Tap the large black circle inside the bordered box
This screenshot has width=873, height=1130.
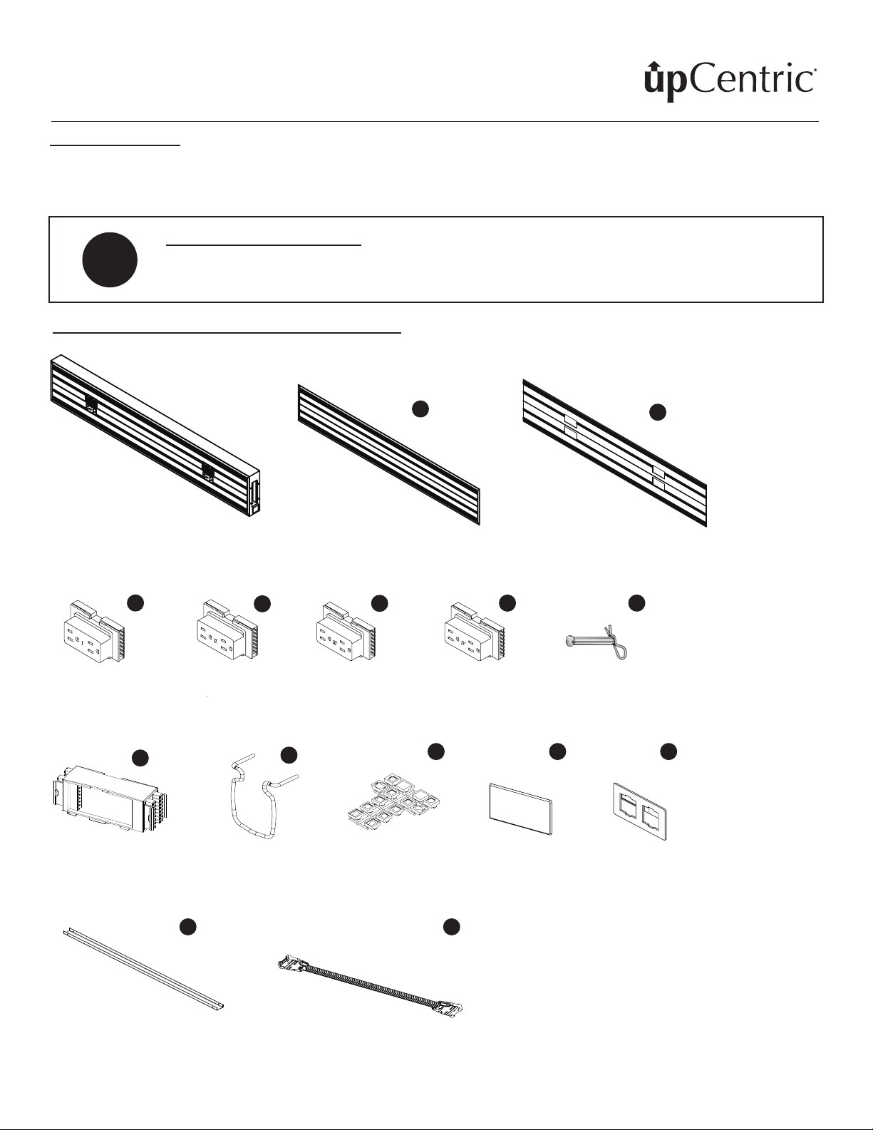[110, 260]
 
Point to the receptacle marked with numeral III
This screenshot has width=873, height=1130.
[344, 631]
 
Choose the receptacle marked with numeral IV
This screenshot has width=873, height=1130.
[473, 631]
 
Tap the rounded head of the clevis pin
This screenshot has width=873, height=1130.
[569, 643]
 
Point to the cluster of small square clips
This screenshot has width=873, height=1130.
[394, 800]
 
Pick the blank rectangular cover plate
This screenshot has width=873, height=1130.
[520, 808]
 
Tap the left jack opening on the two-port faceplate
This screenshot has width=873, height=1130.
[630, 804]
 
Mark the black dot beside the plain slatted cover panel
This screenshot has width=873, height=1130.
[420, 409]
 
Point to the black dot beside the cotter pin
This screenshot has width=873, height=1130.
[636, 603]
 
